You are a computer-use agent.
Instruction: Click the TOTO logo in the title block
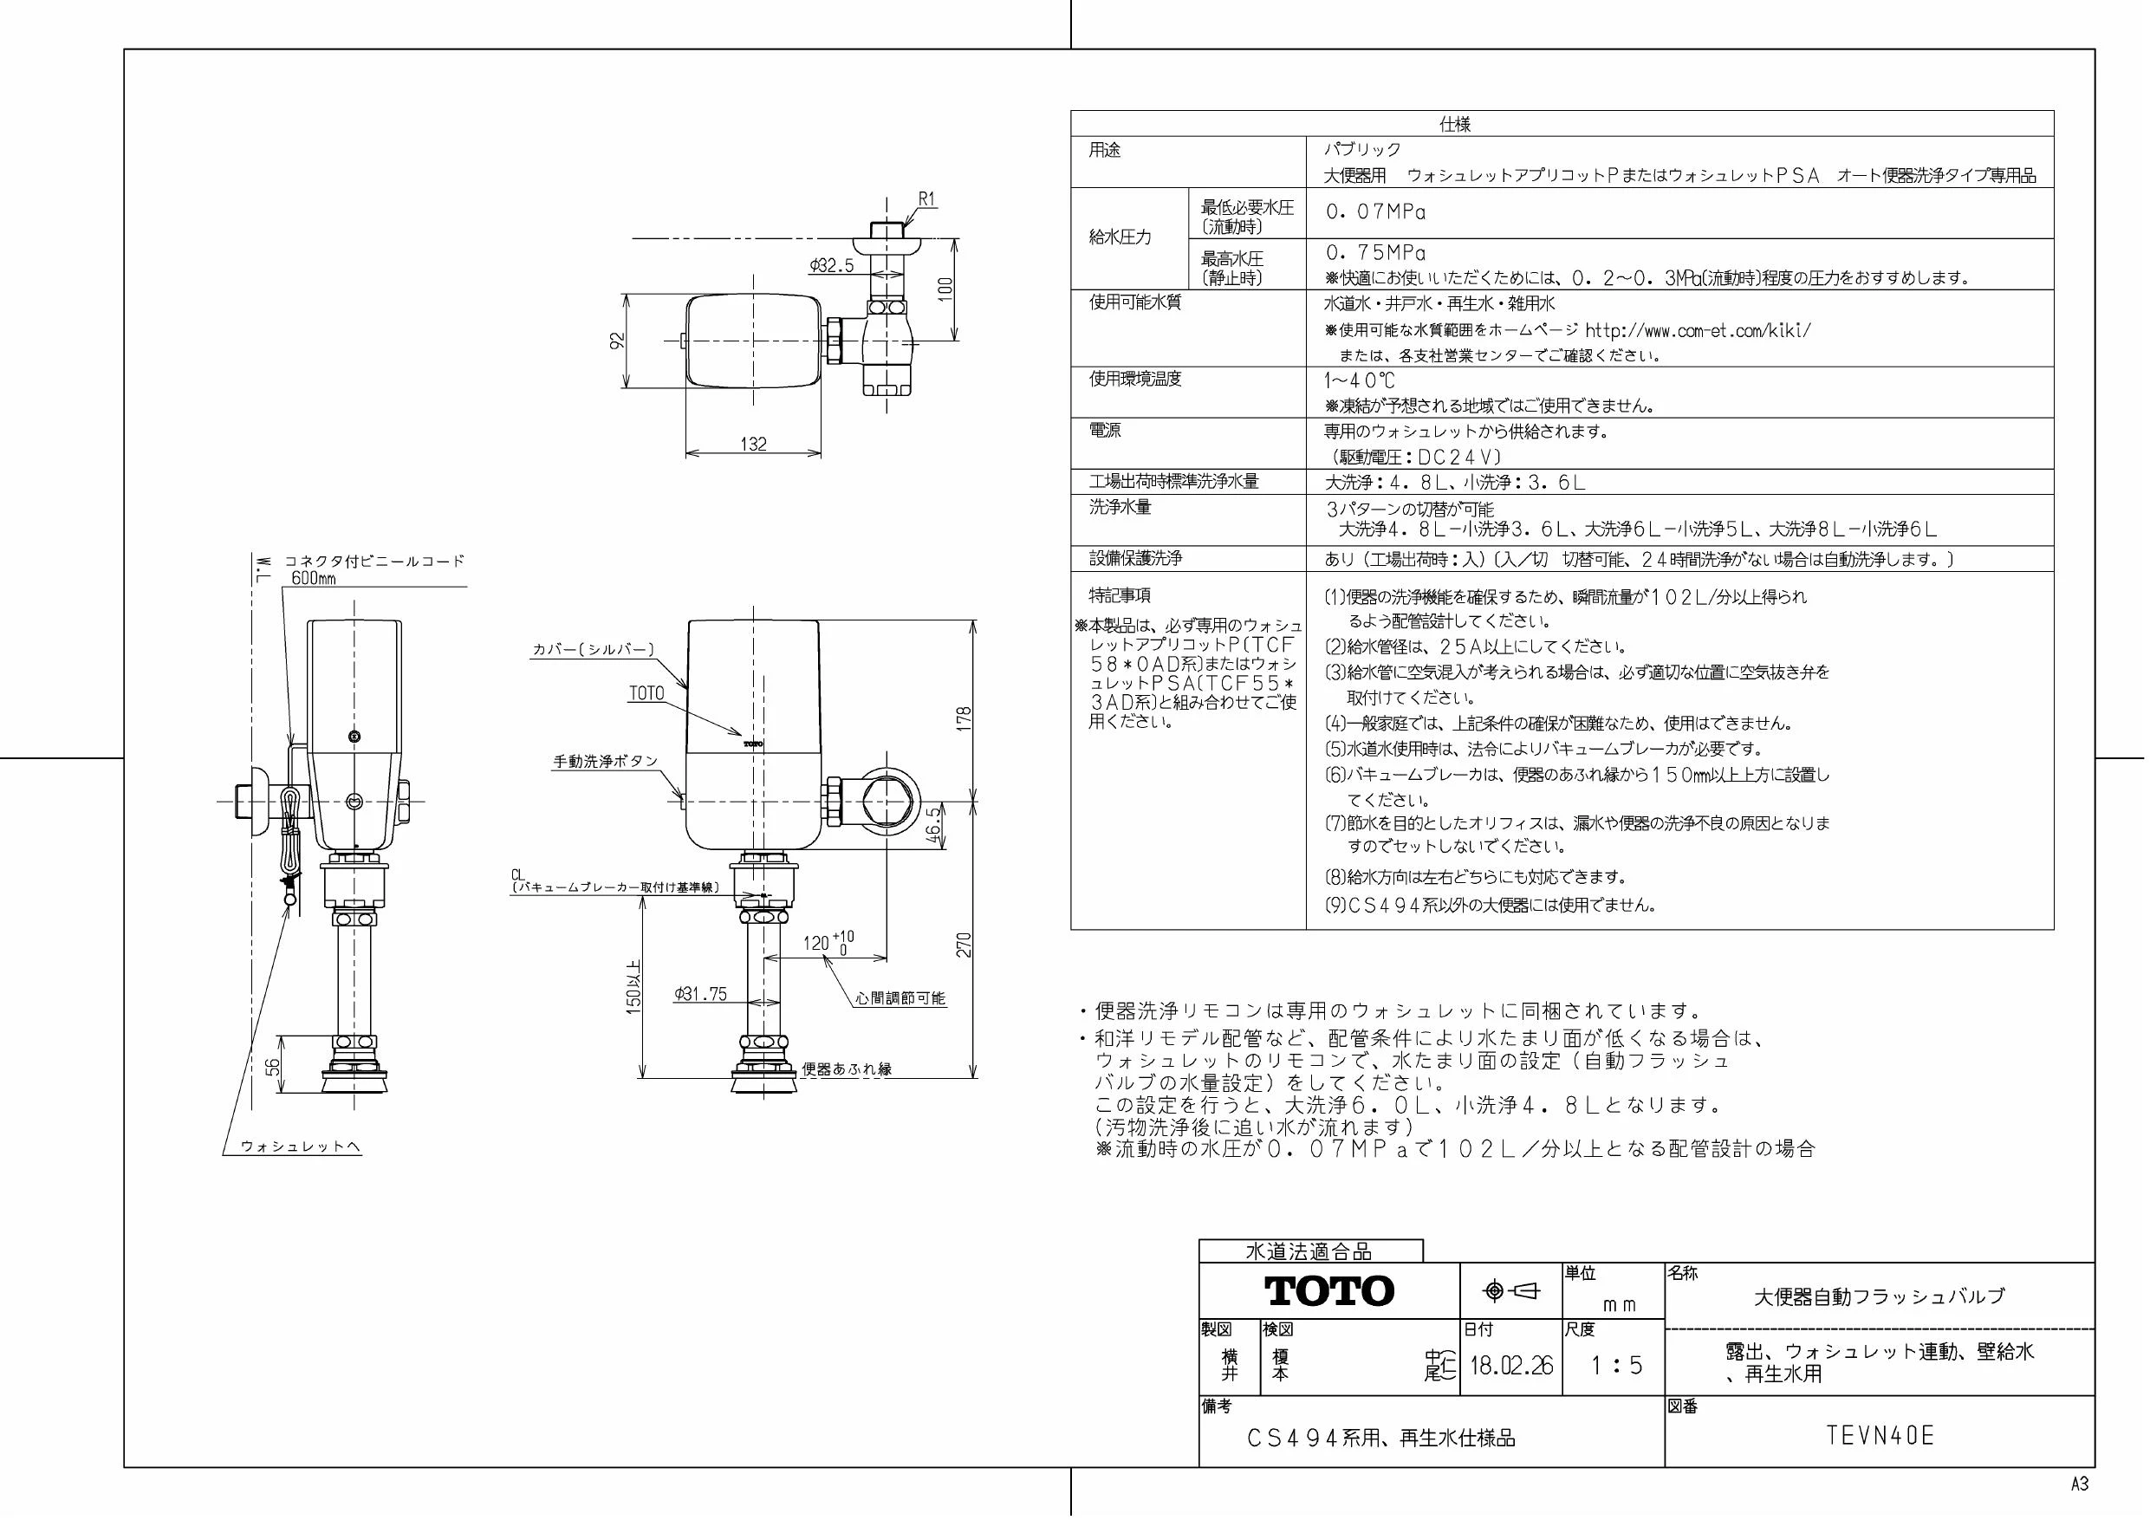1329,1291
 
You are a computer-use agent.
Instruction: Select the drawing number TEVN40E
1880,1436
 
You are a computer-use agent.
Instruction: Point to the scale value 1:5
1617,1366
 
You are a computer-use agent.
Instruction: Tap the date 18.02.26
1511,1366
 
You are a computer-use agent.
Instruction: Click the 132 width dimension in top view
754,444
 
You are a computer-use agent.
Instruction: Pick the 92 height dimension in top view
618,341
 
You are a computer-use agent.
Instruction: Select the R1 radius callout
927,199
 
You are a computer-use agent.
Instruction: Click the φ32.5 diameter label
833,266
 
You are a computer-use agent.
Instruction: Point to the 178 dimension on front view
965,718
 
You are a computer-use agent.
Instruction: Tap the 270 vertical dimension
965,944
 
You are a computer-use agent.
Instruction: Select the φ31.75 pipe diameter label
700,995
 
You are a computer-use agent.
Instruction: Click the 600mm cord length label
314,579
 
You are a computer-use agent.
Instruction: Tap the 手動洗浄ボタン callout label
606,763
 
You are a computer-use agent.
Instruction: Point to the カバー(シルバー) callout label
594,649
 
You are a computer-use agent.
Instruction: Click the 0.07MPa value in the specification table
1375,212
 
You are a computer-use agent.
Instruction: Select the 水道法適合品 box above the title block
1310,1251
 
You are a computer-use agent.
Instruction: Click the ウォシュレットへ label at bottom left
301,1146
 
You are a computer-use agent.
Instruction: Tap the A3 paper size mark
2080,1484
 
